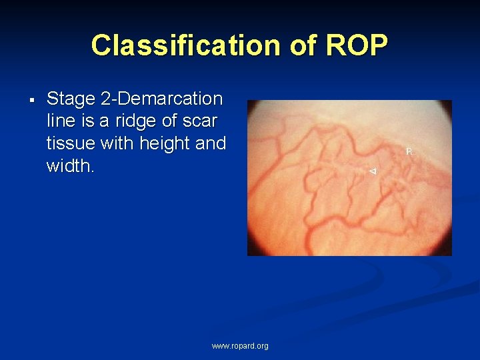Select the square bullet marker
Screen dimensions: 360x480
pyautogui.click(x=31, y=101)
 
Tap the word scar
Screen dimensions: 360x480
pyautogui.click(x=203, y=121)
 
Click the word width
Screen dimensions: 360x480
pyautogui.click(x=69, y=165)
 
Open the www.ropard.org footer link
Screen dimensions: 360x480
pyautogui.click(x=240, y=346)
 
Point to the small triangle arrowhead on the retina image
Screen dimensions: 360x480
pyautogui.click(x=373, y=172)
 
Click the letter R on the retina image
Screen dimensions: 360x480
pyautogui.click(x=409, y=151)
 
